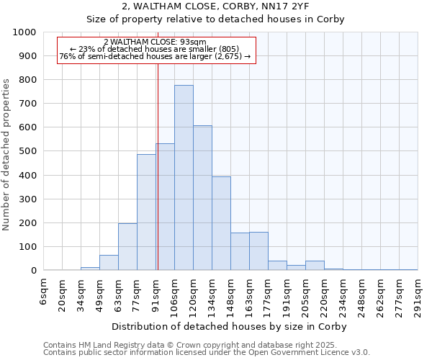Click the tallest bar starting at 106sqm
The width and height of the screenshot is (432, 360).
coord(184,178)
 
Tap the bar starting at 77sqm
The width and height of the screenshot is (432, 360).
coord(146,212)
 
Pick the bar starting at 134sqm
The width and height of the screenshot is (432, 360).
coord(221,223)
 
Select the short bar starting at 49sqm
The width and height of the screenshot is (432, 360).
coord(109,263)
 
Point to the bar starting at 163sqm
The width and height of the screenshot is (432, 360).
coord(258,251)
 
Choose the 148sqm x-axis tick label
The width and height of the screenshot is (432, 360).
coord(230,295)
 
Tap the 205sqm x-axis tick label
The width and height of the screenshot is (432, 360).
coord(305,295)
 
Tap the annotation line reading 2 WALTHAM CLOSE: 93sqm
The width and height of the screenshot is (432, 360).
coord(155,42)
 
